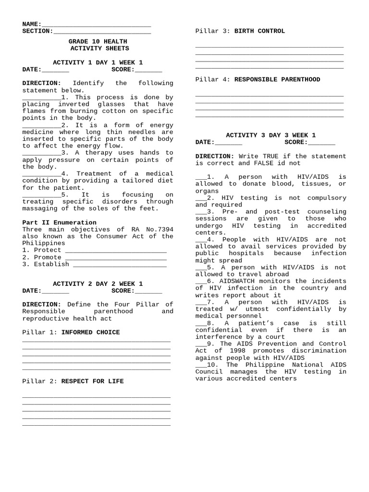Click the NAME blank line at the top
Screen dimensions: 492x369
pos(96,25)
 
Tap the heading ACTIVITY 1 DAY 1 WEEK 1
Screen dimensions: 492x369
pos(98,62)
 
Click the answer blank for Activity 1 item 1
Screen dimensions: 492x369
pos(41,98)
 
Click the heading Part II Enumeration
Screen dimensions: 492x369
pos(59,222)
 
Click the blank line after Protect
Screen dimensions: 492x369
pos(115,250)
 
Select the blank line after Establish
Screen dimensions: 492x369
pos(120,264)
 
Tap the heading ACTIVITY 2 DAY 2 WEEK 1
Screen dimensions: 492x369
pos(98,284)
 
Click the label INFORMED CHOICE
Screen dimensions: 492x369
pos(90,332)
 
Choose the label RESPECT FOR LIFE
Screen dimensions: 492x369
pos(92,381)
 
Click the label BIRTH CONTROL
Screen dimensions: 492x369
pos(259,31)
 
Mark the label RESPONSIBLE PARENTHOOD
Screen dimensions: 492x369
pos(277,80)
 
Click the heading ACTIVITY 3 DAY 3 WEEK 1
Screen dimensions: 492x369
pos(271,135)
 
